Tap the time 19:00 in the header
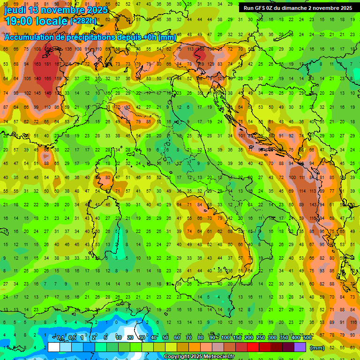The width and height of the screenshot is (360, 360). (20, 21)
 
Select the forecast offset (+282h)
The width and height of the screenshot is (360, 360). (83, 21)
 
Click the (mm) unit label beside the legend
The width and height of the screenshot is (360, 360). (317, 348)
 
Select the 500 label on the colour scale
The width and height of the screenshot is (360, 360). (307, 338)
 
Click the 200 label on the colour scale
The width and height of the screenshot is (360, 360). (248, 338)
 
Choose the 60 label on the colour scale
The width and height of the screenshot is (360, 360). (177, 338)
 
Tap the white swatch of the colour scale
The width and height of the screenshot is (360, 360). (54, 347)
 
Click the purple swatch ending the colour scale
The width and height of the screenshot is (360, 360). (300, 347)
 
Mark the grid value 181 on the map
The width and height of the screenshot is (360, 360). (47, 64)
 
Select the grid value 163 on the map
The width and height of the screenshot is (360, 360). (37, 64)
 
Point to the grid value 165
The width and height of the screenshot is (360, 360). (47, 78)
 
